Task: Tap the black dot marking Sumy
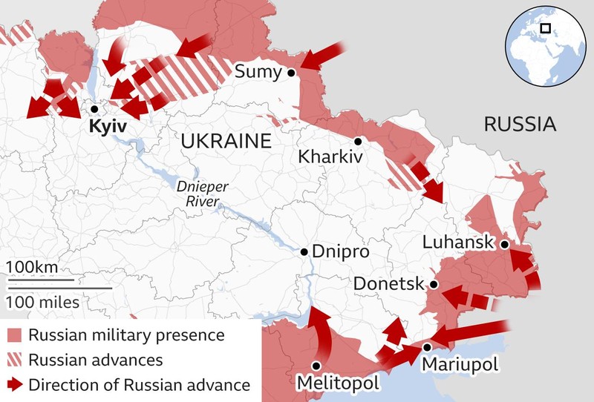[x=292, y=73]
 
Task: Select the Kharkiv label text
[x=330, y=157]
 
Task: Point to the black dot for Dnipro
[x=304, y=252]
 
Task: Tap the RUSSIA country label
[x=520, y=124]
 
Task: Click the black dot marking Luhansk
[x=504, y=244]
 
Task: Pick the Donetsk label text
[x=388, y=284]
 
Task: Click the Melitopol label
[x=338, y=383]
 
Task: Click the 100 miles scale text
[x=43, y=302]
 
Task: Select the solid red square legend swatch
[x=15, y=335]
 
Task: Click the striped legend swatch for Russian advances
[x=15, y=360]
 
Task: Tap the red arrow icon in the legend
[x=15, y=385]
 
